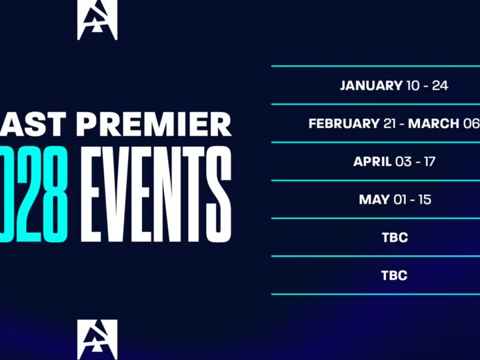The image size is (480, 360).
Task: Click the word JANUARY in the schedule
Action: coord(371,85)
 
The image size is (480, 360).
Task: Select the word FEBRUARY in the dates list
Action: coord(343,123)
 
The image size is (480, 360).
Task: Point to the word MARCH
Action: coord(433,123)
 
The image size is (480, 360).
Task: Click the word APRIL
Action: coord(371,161)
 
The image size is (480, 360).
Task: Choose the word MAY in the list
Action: coord(374,199)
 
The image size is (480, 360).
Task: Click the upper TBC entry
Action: coord(394,237)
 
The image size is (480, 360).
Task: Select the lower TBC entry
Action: coord(394,275)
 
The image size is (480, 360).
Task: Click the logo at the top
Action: coord(97,19)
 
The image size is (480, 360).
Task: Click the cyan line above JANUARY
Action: coord(375,66)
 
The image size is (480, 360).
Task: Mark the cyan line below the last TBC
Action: coord(375,294)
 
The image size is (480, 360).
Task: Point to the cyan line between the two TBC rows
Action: coord(375,256)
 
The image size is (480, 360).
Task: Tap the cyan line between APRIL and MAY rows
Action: coord(375,180)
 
